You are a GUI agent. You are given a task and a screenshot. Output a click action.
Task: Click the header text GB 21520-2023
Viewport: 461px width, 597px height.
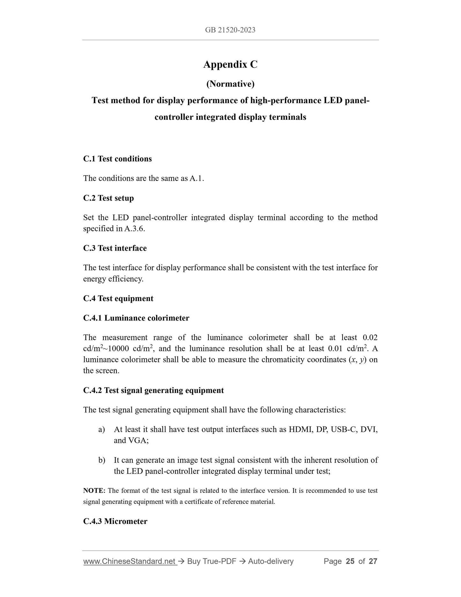point(230,30)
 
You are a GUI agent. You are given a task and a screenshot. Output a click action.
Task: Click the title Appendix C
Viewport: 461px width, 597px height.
point(230,64)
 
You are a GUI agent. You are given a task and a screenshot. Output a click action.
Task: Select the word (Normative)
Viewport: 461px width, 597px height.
point(230,84)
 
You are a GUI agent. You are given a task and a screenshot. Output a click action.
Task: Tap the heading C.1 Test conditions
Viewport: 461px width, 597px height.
point(117,159)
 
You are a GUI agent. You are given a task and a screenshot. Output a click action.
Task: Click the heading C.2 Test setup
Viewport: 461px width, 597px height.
point(108,198)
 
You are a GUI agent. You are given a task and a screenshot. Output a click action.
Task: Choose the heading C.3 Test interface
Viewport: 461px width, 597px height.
point(115,248)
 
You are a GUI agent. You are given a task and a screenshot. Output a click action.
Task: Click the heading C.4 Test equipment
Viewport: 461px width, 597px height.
point(118,298)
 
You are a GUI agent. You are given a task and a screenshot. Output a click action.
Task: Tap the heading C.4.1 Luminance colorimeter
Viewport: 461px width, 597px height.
point(136,318)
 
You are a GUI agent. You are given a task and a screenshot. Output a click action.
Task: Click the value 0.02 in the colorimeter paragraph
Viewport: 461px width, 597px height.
point(370,337)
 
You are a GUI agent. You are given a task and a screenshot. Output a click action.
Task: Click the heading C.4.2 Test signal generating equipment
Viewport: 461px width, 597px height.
point(153,390)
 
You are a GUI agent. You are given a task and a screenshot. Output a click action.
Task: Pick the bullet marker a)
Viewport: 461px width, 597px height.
point(102,429)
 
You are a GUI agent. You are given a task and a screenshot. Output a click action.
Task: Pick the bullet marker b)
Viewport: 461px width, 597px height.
point(102,460)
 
